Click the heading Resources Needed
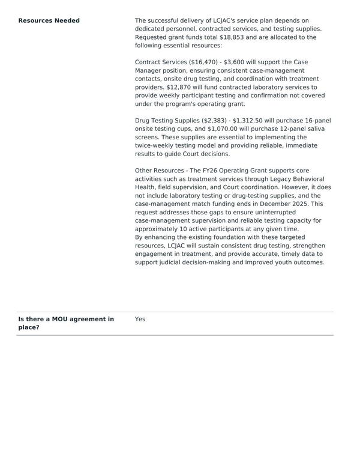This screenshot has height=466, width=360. [x=49, y=20]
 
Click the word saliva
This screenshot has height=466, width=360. [x=320, y=129]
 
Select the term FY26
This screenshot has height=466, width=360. [x=199, y=171]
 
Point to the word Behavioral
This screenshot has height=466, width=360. [x=304, y=179]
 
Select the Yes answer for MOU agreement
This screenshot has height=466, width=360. [x=140, y=319]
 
